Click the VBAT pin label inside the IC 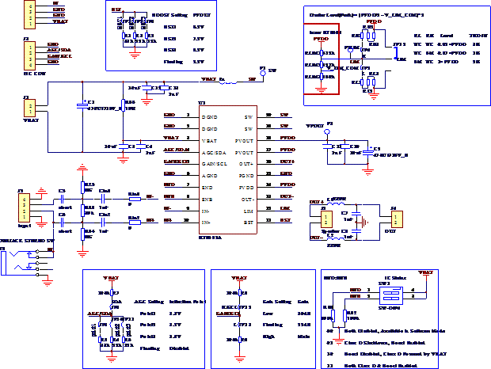point(209,140)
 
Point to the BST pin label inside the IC point(248,223)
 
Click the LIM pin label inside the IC point(248,211)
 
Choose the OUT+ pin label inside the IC point(246,164)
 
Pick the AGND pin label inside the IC point(210,176)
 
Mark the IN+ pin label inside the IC point(207,223)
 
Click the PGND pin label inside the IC point(246,176)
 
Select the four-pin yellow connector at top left point(29,14)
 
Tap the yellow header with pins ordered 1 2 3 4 point(29,55)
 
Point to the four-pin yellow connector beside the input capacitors point(25,207)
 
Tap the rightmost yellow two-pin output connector point(396,219)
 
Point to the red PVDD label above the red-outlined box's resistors point(321,38)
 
